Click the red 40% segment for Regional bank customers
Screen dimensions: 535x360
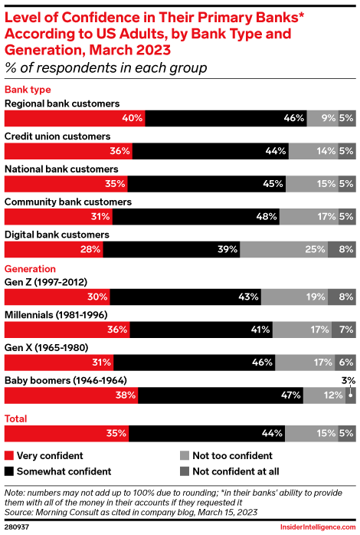(74, 118)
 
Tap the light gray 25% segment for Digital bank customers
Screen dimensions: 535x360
(283, 250)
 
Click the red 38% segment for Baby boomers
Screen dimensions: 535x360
(71, 396)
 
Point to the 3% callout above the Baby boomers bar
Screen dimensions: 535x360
(349, 379)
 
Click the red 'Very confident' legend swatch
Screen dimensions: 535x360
(10, 455)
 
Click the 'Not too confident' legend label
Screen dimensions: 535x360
(229, 455)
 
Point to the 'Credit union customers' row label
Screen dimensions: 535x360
(57, 136)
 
